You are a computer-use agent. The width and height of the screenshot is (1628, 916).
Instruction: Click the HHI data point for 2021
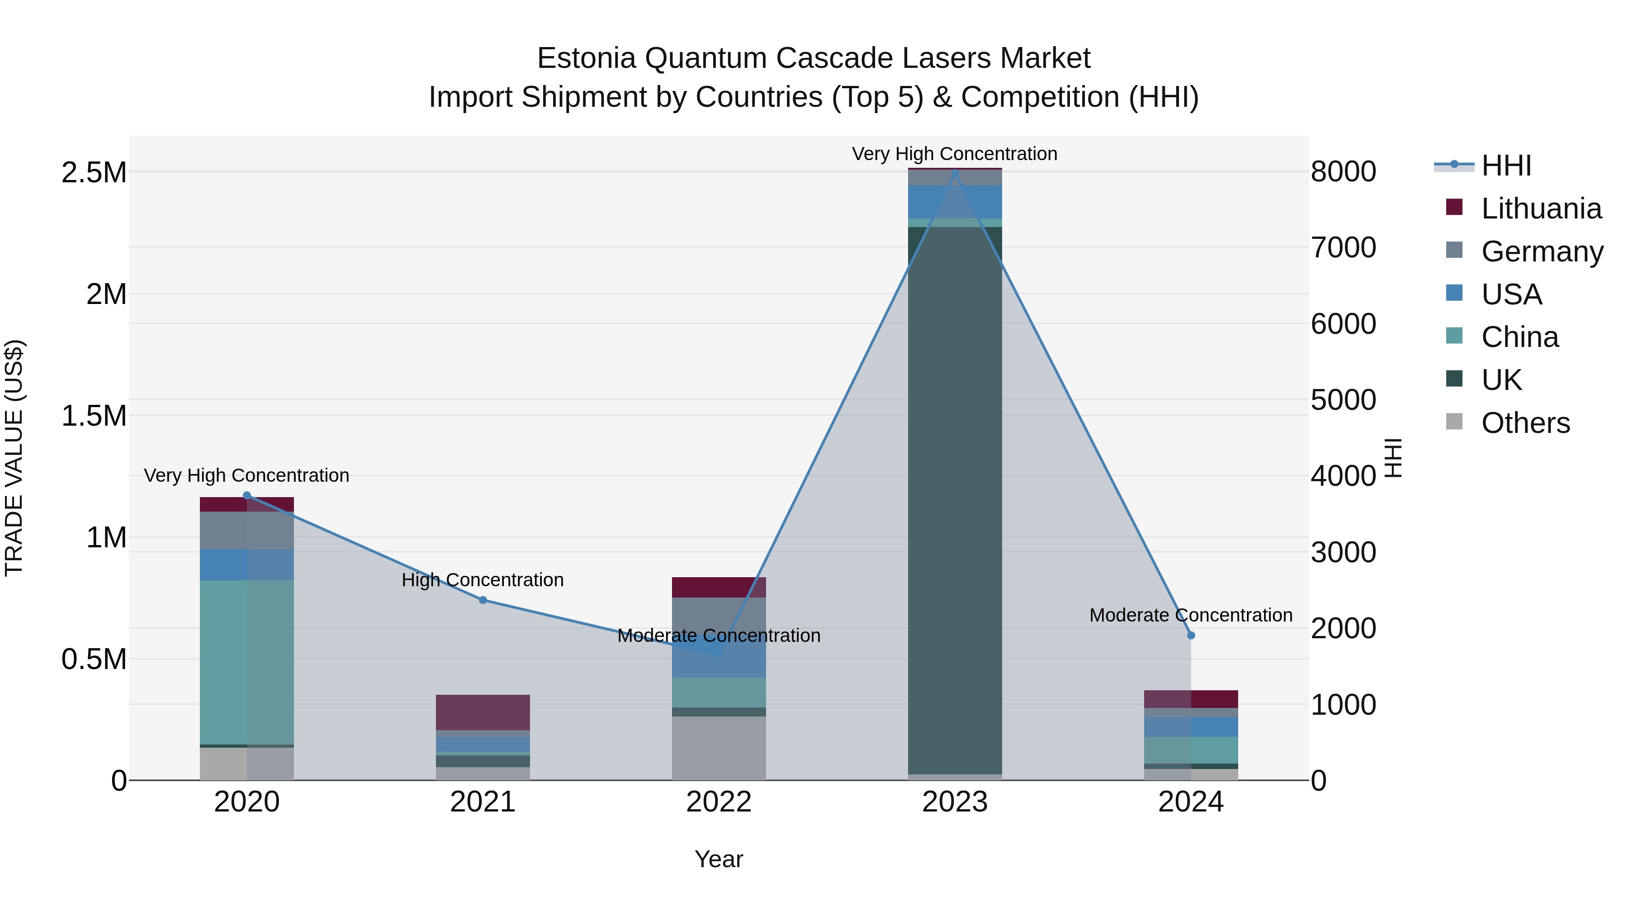(483, 600)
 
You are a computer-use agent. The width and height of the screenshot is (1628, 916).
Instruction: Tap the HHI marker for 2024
(1191, 636)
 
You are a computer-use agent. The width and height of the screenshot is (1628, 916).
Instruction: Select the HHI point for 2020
(247, 496)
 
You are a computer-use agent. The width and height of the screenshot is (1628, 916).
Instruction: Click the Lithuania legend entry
(1540, 209)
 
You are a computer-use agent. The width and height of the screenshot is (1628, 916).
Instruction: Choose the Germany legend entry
(1542, 252)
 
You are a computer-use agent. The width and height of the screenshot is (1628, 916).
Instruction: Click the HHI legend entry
(1505, 166)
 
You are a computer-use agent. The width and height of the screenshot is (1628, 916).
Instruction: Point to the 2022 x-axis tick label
(719, 802)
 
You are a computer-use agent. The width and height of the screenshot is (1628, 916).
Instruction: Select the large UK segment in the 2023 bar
(955, 499)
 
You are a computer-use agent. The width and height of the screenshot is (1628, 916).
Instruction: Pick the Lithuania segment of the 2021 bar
(483, 712)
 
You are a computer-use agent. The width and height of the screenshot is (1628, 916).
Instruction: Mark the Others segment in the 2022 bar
(719, 748)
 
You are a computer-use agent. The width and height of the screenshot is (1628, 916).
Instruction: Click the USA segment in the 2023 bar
(955, 202)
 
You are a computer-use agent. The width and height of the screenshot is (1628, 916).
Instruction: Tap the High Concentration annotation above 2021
(483, 580)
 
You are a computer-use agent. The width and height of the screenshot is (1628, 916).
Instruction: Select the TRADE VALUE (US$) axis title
(14, 458)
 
